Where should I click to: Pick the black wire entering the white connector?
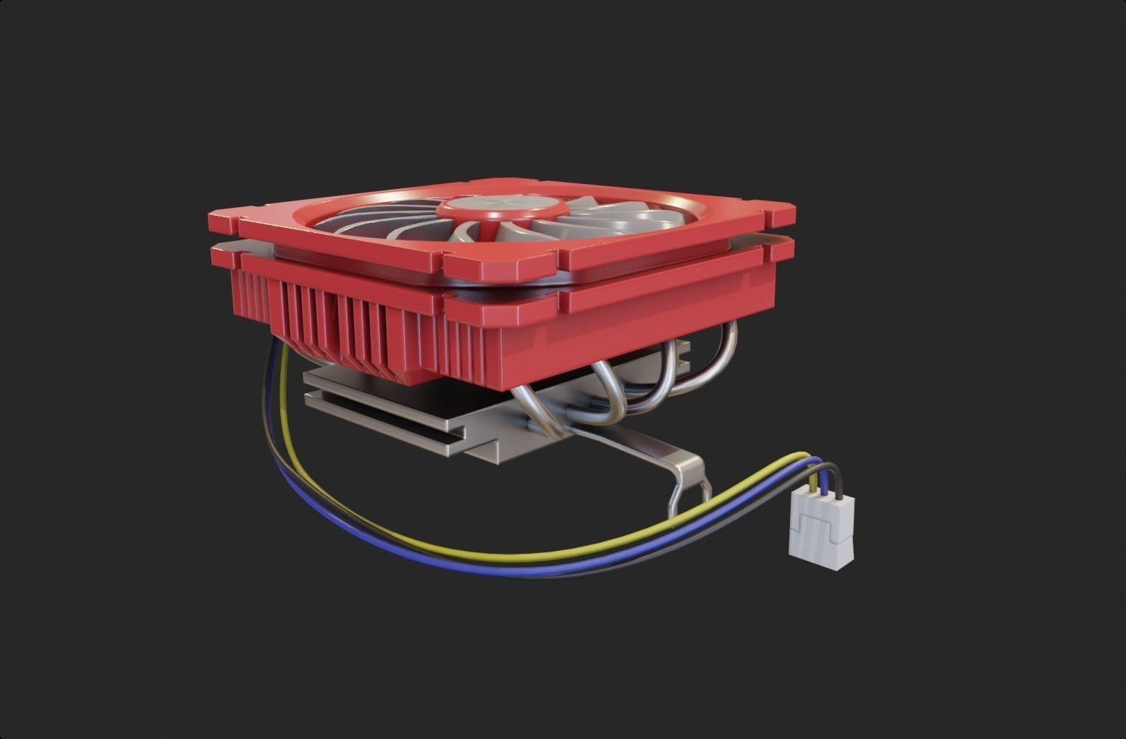coord(836,478)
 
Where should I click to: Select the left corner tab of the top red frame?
coord(224,217)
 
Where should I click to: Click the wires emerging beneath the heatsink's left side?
coord(279,376)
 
